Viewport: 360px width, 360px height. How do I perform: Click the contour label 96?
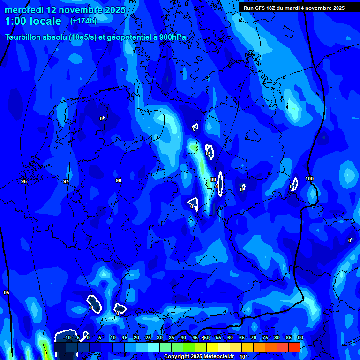(24, 181)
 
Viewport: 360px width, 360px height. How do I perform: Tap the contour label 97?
(66, 181)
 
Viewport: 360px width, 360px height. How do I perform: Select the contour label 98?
(119, 180)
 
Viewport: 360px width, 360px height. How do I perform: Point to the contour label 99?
(213, 180)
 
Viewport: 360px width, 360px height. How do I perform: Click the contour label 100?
(309, 179)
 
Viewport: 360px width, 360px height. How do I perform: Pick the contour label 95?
(7, 292)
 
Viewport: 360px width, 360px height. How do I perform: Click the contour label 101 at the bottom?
(244, 357)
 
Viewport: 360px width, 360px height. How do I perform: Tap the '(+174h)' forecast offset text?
(83, 21)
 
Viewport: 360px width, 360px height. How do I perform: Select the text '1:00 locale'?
(33, 21)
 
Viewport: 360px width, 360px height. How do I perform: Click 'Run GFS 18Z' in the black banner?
(261, 8)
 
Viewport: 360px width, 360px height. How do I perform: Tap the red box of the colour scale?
(294, 347)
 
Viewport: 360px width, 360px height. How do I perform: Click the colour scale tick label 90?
(300, 338)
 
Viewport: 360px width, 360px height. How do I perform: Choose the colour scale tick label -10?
(67, 338)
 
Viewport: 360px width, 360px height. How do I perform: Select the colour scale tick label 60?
(230, 338)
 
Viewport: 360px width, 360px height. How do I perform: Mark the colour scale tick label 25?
(148, 338)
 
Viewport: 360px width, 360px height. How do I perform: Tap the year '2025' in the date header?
(115, 10)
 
